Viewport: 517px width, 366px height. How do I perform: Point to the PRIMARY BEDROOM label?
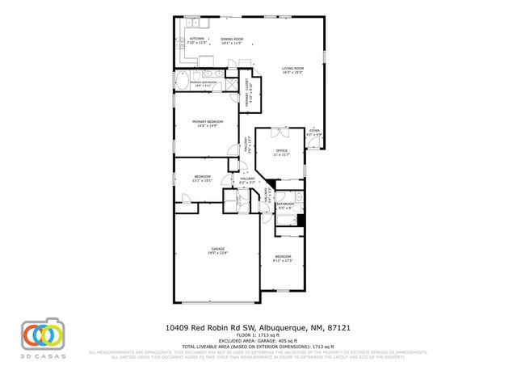207,123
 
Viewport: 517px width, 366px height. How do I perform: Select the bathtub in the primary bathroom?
183,82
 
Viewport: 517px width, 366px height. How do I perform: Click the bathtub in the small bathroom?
300,200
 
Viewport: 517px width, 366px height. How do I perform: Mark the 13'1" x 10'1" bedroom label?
202,179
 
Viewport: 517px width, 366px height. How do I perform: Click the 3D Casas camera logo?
44,333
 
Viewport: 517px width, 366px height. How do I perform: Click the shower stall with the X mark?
230,82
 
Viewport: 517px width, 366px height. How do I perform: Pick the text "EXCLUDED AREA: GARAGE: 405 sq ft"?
258,340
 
